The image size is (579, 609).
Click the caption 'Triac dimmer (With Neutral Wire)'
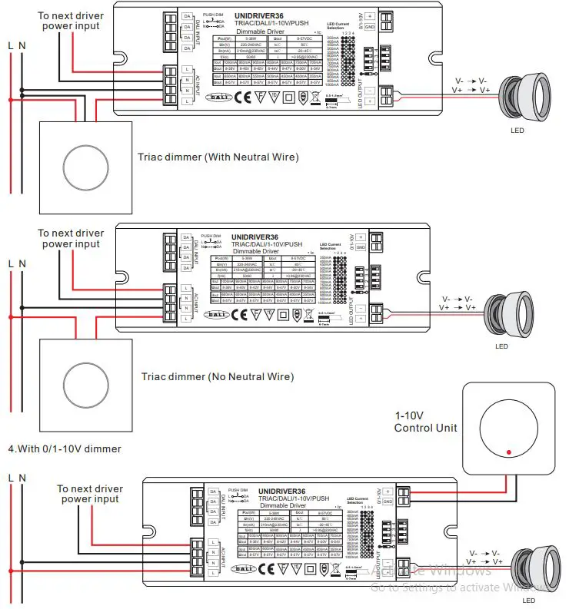click(218, 157)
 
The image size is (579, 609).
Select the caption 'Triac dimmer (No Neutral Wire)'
click(218, 377)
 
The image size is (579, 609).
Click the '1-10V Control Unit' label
click(425, 421)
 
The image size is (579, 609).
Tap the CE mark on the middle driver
click(240, 314)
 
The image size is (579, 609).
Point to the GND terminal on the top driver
click(369, 27)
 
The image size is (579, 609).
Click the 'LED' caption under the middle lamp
click(501, 346)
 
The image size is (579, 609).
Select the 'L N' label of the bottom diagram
click(16, 478)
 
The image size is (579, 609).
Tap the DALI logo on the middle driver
click(218, 314)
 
